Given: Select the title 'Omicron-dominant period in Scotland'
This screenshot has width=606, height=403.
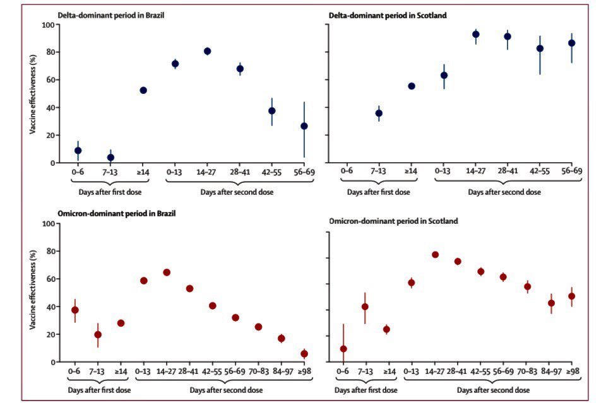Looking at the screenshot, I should pyautogui.click(x=395, y=221).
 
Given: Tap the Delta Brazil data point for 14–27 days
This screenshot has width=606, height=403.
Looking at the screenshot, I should pyautogui.click(x=207, y=51).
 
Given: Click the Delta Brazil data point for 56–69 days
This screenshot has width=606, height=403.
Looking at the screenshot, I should pyautogui.click(x=304, y=126).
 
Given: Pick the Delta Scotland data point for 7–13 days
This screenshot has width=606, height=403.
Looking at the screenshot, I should pyautogui.click(x=379, y=113).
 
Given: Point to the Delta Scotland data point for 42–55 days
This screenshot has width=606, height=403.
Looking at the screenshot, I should pyautogui.click(x=540, y=49).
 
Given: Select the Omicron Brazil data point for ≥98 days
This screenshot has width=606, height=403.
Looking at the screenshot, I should pyautogui.click(x=304, y=354).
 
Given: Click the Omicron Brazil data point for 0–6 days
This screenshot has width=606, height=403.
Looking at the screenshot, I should pyautogui.click(x=75, y=310).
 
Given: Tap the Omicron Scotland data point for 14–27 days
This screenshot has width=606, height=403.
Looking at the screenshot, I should pyautogui.click(x=435, y=255).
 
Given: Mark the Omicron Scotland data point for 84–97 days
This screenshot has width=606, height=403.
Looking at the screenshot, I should pyautogui.click(x=551, y=303).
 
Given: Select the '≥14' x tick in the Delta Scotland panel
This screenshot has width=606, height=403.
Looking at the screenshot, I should pyautogui.click(x=411, y=170).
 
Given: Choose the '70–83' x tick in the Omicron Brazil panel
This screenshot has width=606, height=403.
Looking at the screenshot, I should pyautogui.click(x=258, y=370).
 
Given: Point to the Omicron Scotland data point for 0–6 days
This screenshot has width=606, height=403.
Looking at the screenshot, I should pyautogui.click(x=343, y=349).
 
